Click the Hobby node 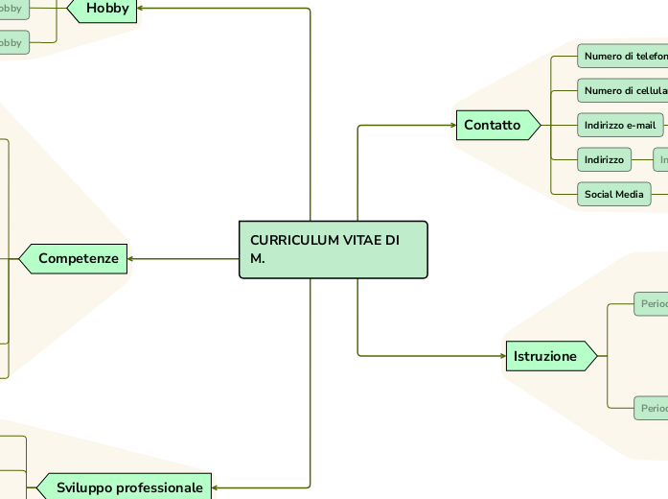(x=106, y=9)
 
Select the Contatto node (x=493, y=126)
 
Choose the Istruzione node (x=545, y=357)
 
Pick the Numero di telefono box (x=624, y=57)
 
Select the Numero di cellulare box (x=624, y=91)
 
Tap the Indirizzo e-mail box (x=620, y=126)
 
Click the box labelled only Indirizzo (x=604, y=159)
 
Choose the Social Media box (x=613, y=195)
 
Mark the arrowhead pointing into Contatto (x=453, y=126)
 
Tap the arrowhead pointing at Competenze (x=130, y=258)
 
